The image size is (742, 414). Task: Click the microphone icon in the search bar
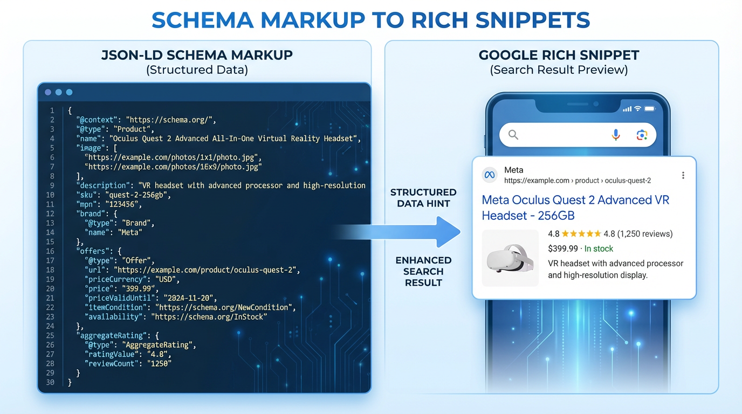tap(616, 135)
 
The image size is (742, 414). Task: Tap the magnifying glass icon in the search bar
tap(513, 135)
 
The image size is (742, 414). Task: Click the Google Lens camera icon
tap(642, 135)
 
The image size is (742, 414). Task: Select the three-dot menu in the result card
tap(683, 175)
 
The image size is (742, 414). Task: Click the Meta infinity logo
tap(490, 175)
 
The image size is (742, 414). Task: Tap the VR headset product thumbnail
tap(510, 258)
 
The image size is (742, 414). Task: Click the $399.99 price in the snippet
tap(562, 249)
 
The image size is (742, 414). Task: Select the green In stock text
tap(599, 249)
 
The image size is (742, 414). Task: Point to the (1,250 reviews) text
tap(645, 234)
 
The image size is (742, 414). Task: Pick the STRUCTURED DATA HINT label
tap(423, 198)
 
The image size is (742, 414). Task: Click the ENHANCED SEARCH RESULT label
tap(423, 271)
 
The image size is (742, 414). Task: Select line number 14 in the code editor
tap(51, 232)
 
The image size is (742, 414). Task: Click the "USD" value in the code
tap(167, 279)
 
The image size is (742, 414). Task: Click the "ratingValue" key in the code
tap(113, 354)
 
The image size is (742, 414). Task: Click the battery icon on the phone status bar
tap(650, 109)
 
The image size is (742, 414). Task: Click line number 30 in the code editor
tap(51, 382)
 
